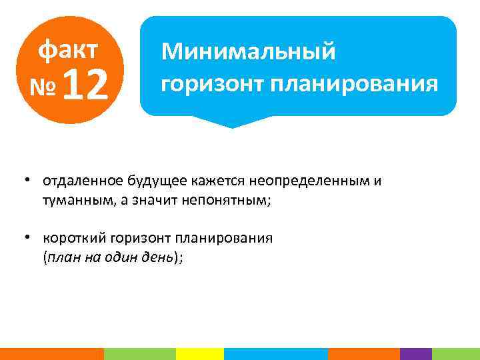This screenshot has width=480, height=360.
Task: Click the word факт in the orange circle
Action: [68, 49]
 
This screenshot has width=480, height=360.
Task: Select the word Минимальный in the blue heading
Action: [249, 51]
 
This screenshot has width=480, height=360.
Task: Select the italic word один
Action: [117, 259]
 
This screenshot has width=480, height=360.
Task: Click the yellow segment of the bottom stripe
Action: [199, 354]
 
